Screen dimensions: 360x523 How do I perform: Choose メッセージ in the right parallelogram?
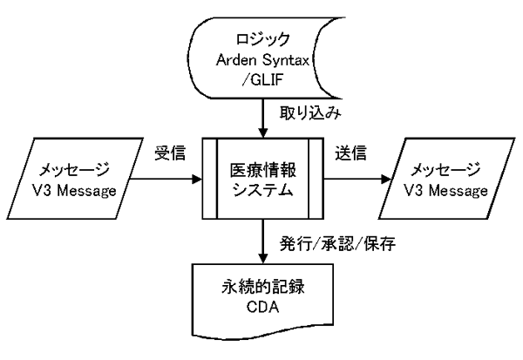tap(445, 167)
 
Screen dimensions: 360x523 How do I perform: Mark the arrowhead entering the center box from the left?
tap(198, 181)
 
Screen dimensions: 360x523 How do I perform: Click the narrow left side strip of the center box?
tap(210, 181)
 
